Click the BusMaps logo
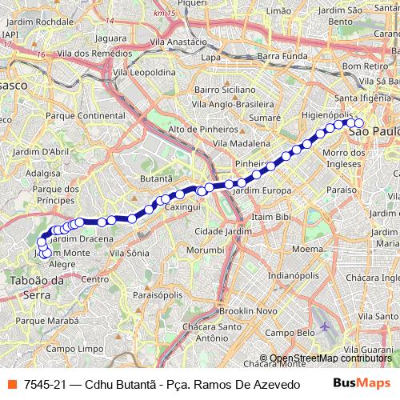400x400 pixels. [356, 385]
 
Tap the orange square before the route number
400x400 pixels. [14, 385]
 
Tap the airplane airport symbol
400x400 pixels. [323, 328]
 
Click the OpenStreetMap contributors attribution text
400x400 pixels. [328, 358]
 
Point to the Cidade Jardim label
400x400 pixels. [213, 231]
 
